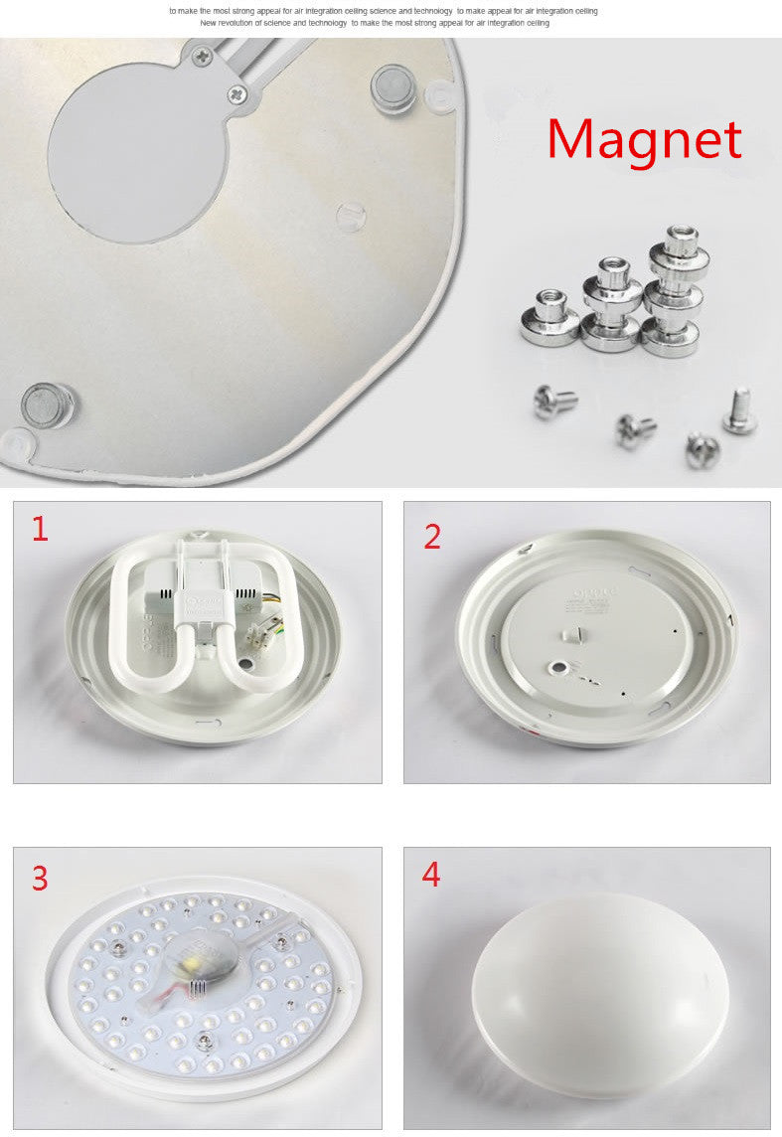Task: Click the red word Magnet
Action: [x=644, y=139]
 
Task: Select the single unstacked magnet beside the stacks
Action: [x=549, y=319]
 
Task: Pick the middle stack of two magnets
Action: [x=610, y=306]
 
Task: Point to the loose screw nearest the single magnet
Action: [x=555, y=402]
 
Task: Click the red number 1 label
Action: [x=40, y=529]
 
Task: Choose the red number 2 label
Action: [x=432, y=537]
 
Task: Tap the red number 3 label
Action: [x=40, y=879]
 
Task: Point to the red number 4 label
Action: [x=431, y=875]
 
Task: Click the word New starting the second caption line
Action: [x=209, y=22]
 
